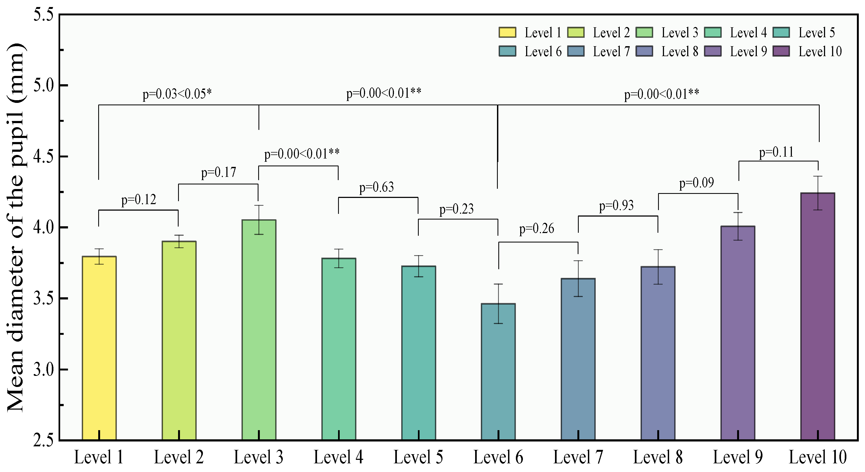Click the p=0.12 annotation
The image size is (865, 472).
pos(139,200)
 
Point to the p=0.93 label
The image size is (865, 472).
pos(617,205)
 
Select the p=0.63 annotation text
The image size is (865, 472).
pos(376,187)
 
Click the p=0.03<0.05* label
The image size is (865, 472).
pos(177,94)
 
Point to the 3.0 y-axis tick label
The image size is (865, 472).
pos(44,370)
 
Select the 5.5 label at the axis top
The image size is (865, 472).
pos(44,15)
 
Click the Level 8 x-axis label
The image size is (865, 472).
pos(658,457)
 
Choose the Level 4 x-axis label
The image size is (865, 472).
pos(339,457)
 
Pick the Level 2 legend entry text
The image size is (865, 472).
pos(611,33)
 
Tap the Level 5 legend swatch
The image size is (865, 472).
pos(781,33)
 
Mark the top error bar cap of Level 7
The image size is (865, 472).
pos(578,261)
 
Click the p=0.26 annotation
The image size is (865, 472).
pos(537,229)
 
